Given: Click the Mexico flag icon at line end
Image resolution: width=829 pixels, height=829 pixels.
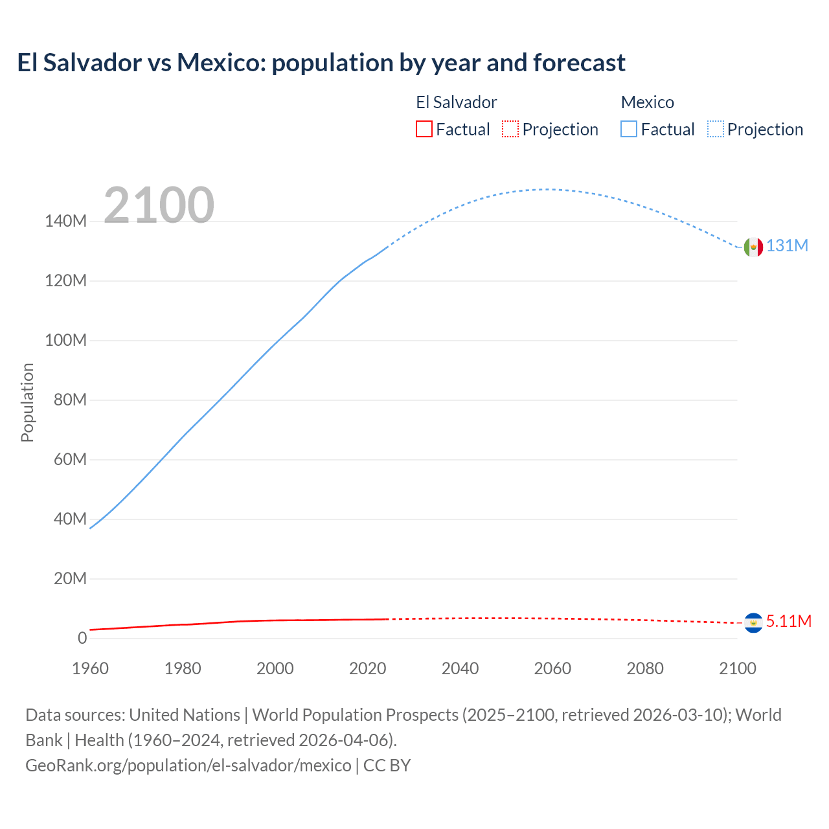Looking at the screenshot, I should pos(753,247).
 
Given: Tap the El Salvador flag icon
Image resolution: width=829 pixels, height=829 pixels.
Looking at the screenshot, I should pos(753,622).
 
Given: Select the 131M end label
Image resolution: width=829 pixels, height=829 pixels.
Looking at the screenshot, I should pos(787,246).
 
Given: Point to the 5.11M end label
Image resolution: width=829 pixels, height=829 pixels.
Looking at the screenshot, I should pos(788,621).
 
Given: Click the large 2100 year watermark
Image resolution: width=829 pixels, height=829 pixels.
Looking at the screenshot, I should pos(159,205).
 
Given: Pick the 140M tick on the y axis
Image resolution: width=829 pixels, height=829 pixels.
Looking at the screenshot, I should pos(65,221).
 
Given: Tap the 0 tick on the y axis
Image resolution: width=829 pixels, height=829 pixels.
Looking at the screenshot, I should pos(82,638).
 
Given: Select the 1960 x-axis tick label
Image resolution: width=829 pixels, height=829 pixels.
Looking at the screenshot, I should pos(90,668).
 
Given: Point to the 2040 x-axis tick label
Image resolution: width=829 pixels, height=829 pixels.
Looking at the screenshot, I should pos(460,668).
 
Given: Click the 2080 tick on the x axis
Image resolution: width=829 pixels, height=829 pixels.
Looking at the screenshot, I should pos(645,668).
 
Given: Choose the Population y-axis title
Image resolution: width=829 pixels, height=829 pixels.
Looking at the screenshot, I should pos(27,402).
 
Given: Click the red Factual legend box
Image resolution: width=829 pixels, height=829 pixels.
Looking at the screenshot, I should pos(424,130).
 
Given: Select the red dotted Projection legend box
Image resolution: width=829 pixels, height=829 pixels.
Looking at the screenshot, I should pos(510,130).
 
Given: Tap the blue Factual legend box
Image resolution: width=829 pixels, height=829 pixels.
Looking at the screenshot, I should pos(629,130).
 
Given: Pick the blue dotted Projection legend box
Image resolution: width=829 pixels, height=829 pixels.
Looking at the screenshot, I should pos(716,130).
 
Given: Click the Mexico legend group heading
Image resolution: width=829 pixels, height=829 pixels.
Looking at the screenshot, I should pos(647,102).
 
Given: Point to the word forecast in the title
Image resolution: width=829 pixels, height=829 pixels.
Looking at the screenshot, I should pos(579,63).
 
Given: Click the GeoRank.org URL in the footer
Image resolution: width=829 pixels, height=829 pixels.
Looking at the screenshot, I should pos(188,765).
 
